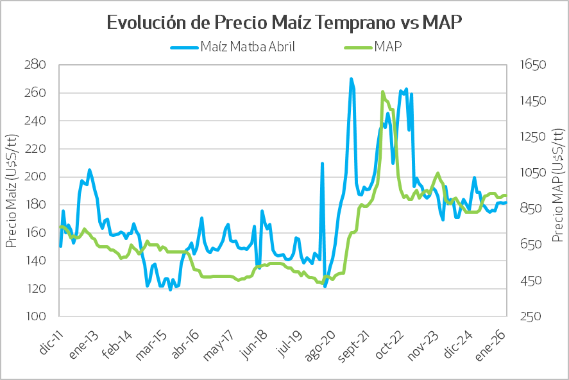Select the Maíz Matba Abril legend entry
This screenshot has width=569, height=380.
click(x=248, y=47)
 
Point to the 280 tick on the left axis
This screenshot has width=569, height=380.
click(x=37, y=65)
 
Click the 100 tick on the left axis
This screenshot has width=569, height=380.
click(x=37, y=316)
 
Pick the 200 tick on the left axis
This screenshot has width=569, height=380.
click(x=37, y=177)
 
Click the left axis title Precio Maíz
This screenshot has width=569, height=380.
click(x=12, y=191)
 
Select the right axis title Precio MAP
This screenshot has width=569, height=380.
click(x=557, y=191)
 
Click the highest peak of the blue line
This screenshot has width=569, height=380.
click(x=351, y=79)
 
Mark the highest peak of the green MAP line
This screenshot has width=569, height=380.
click(x=382, y=92)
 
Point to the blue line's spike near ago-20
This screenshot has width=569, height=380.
click(x=322, y=164)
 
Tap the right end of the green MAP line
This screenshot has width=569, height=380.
click(x=506, y=195)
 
